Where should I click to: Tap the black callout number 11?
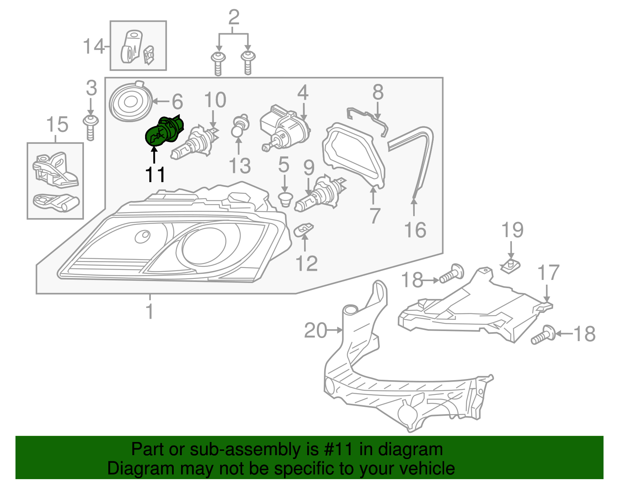pos(155,175)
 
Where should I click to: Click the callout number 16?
pos(415,230)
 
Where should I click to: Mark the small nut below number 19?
pos(510,266)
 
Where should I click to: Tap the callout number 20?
pos(315,331)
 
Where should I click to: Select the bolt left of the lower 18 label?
pos(543,335)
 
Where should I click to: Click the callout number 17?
pos(549,273)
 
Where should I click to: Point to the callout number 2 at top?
pos(234,17)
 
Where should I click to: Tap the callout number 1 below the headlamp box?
pos(150,311)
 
